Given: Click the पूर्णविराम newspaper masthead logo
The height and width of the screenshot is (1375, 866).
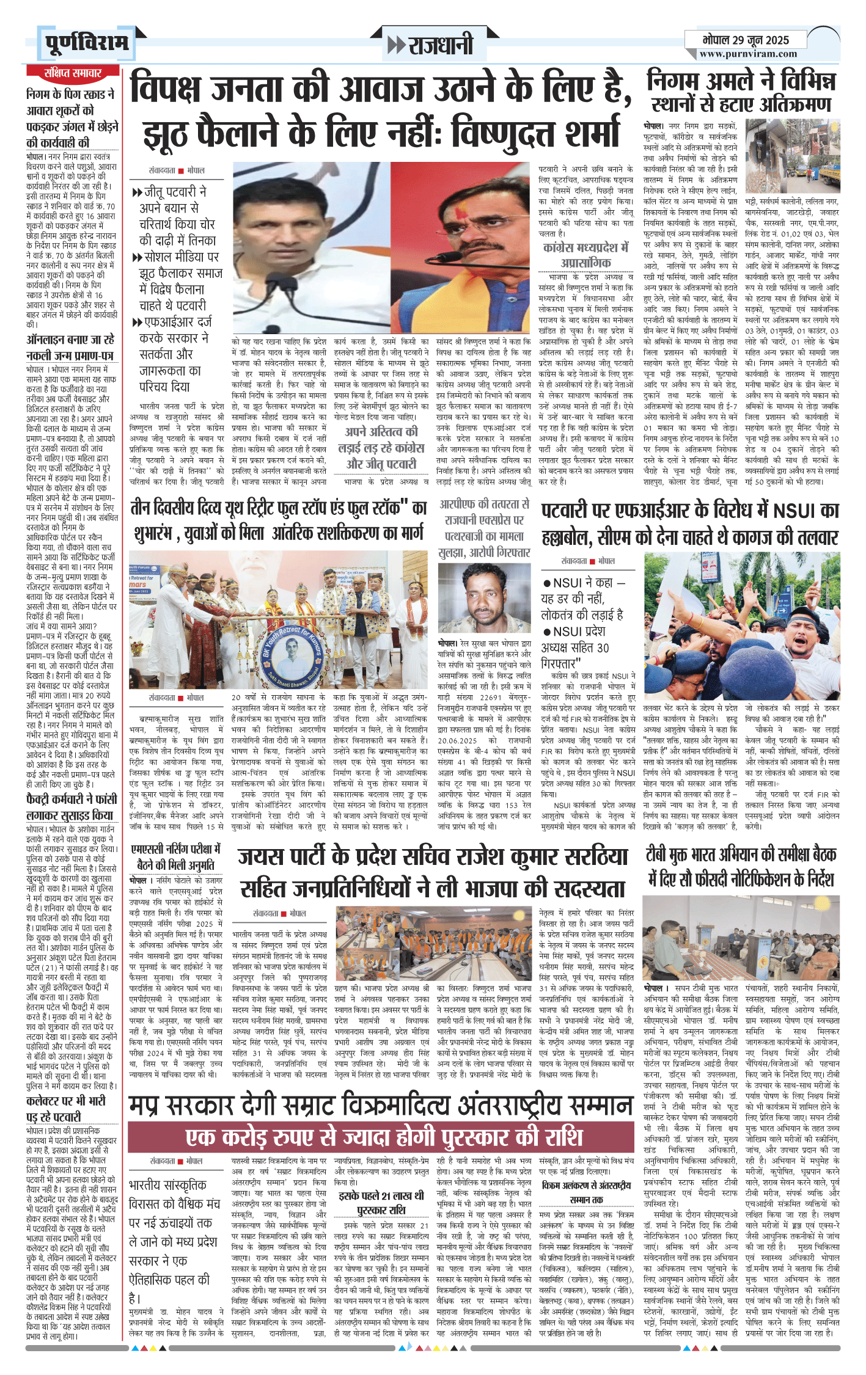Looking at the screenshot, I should click(x=87, y=42).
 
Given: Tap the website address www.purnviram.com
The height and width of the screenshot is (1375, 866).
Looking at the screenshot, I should click(x=748, y=54).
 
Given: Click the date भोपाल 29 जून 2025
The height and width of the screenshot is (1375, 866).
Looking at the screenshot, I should click(x=746, y=40).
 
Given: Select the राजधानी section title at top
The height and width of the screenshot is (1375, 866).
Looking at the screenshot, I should click(x=431, y=45).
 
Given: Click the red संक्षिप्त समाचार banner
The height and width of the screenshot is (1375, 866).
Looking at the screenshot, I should click(x=73, y=73).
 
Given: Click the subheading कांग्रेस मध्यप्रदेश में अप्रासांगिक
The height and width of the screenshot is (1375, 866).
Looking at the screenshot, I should click(x=585, y=255).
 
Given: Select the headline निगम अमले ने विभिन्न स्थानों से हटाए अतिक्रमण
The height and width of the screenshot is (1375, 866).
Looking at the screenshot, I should click(x=741, y=92).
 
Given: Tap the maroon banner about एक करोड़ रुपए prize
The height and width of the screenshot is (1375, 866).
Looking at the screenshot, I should click(x=384, y=1137).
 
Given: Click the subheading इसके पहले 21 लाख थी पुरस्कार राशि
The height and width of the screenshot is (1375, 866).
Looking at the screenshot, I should click(x=381, y=1203).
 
